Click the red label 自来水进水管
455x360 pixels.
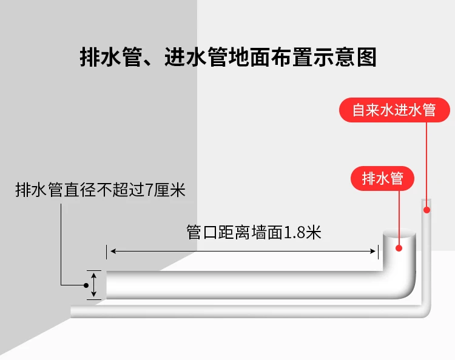[394, 110]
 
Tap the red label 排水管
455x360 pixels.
[382, 178]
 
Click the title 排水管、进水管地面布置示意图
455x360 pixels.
[227, 58]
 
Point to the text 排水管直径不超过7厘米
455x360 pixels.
[100, 191]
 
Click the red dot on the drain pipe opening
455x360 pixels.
[399, 247]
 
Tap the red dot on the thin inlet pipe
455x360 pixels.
[427, 210]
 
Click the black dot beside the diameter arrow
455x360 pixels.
[86, 284]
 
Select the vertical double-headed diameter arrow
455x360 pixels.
[94, 284]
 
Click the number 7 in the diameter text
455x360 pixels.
[150, 191]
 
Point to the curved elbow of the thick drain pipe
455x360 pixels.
[403, 285]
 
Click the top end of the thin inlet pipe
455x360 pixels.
[427, 201]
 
